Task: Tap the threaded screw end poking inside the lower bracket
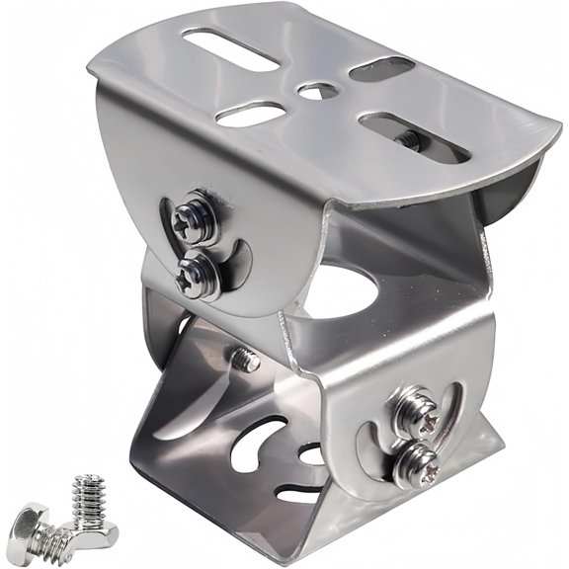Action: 247,360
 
